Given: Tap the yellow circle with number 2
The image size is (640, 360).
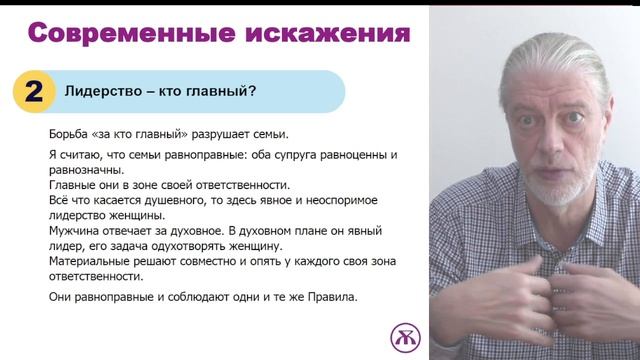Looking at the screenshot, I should (34, 92).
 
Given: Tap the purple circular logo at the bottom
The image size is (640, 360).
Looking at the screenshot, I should (405, 336).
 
